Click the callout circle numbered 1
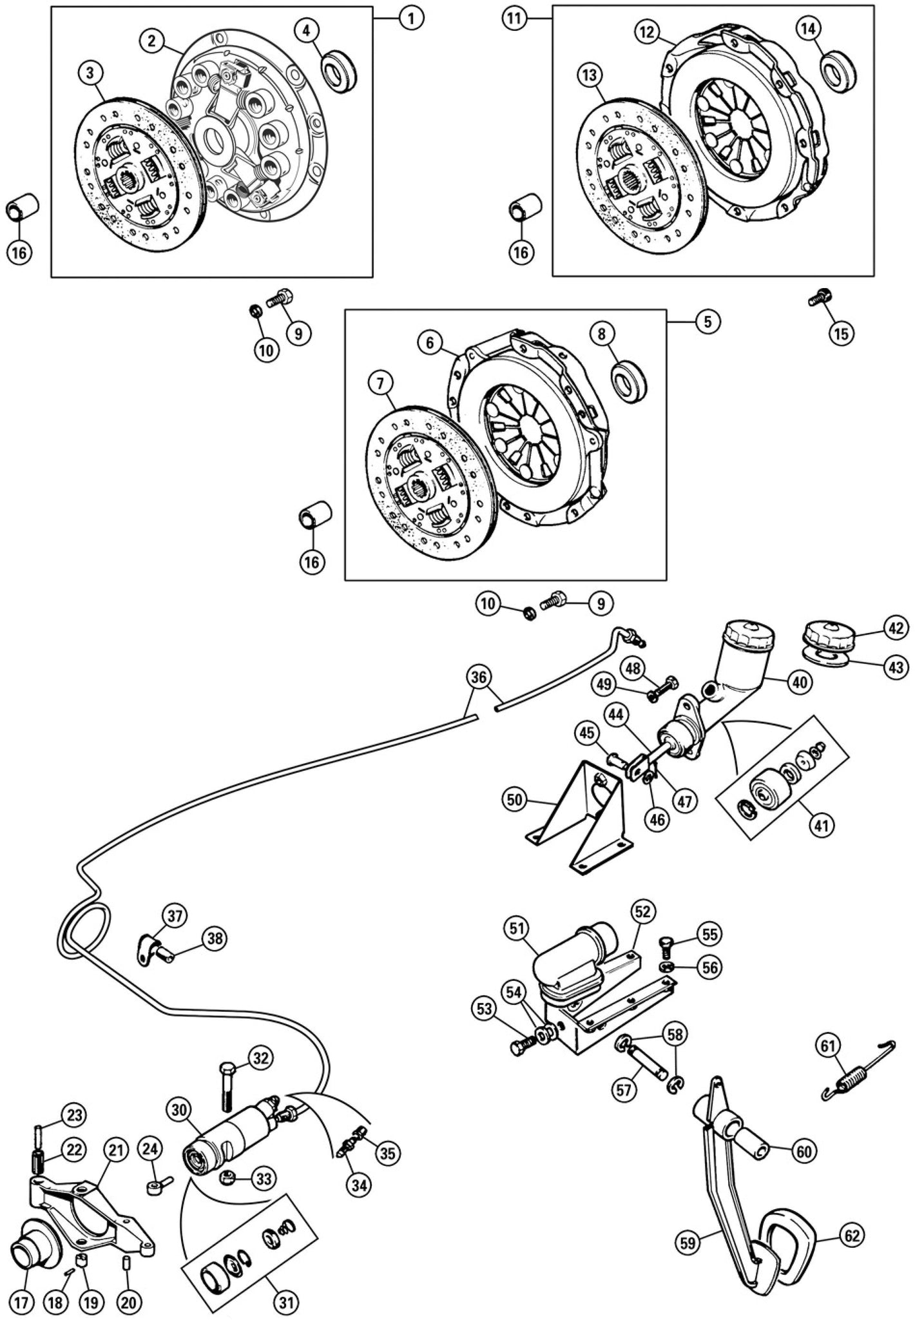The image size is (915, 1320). coord(411,19)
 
